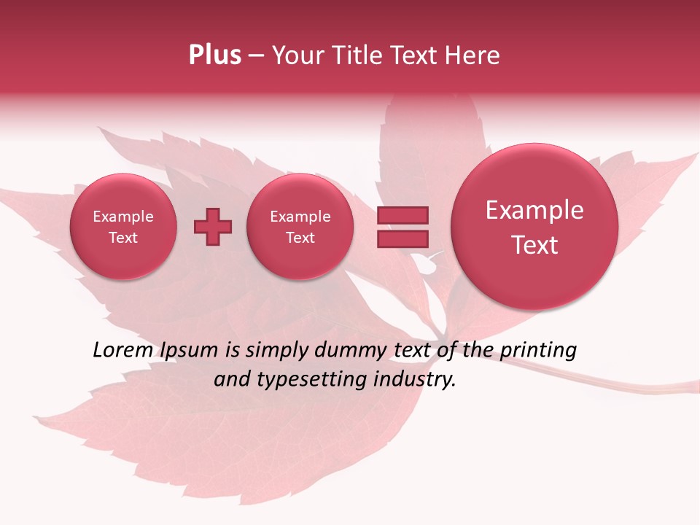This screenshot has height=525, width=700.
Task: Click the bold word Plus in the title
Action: click(214, 55)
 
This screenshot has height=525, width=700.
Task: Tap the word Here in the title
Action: click(473, 55)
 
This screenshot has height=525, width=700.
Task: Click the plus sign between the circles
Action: click(213, 227)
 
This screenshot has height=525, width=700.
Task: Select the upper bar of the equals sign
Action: click(402, 215)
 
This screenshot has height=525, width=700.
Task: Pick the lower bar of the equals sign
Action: click(402, 238)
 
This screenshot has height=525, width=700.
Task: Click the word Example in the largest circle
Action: click(534, 210)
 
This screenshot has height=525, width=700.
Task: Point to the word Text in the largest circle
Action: click(534, 245)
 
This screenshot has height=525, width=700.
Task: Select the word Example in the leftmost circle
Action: click(123, 217)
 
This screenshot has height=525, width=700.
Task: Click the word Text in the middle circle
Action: click(300, 238)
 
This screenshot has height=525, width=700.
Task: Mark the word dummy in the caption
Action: click(350, 350)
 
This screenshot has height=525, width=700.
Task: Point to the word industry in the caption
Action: click(414, 379)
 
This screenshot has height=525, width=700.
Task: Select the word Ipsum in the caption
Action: click(190, 350)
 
